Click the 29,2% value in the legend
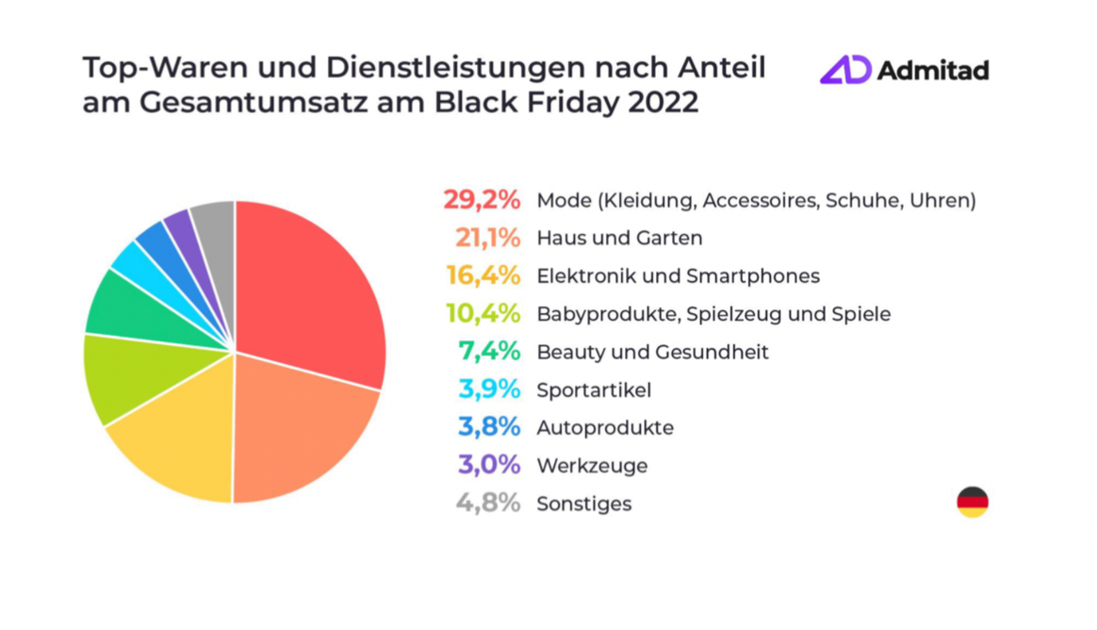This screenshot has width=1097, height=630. coord(482,200)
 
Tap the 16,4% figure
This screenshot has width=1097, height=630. coord(483,275)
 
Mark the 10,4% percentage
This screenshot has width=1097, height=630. coord(483,313)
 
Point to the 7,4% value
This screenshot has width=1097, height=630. coord(489,351)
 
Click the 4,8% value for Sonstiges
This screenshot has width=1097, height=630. coord(487,503)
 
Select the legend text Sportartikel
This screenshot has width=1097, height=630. coord(594,390)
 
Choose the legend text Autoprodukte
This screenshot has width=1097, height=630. coord(605,427)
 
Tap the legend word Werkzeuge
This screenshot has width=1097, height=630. coord(593,465)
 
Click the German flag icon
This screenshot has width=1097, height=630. coord(973,502)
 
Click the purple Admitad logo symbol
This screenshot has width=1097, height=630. coord(844,70)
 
